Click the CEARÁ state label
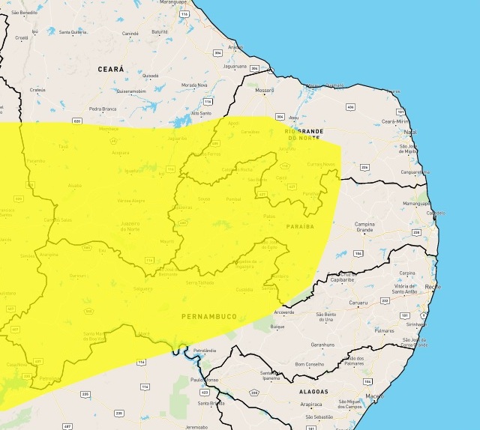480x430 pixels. pos(110,68)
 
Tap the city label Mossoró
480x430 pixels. pos(265,91)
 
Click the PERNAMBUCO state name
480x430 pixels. pos(209,317)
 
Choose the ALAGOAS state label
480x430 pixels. pos(311,391)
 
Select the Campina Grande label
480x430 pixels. pos(364,228)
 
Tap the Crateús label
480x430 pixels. pos(37,89)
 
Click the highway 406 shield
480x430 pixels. pos(350,107)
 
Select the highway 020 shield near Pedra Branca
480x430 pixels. pos(77,120)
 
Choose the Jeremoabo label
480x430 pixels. pos(196,426)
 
